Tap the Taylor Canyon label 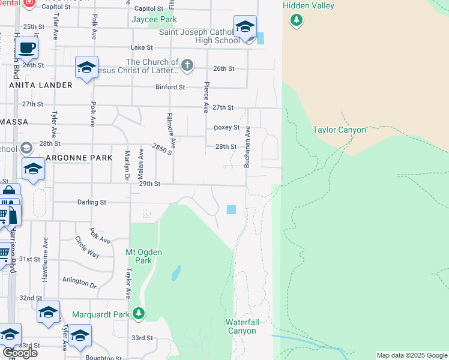339,130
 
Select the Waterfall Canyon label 243,326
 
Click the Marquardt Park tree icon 139,314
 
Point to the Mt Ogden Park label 143,256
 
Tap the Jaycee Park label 154,20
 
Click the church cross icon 187,65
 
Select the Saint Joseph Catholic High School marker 245,28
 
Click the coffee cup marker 27,47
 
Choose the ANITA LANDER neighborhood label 41,85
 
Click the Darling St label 91,203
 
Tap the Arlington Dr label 79,283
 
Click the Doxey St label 226,128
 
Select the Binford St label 170,87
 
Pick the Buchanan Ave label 246,147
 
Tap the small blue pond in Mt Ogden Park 175,274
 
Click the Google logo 20,353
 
